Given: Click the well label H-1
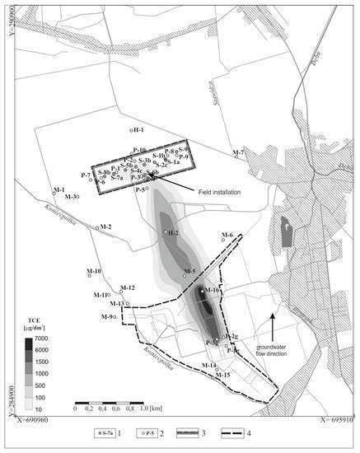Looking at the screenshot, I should (x=138, y=130).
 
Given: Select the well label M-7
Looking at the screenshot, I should (x=239, y=153).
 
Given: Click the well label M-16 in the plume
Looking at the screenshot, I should (x=212, y=290).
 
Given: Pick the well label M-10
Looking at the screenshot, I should (x=93, y=271).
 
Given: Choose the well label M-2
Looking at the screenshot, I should (x=105, y=226).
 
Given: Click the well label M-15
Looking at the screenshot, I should (x=222, y=375).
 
